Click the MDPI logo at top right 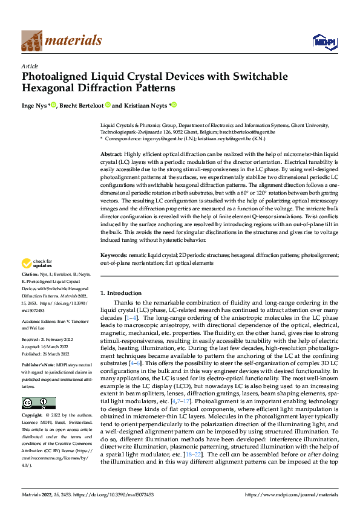click(x=324, y=41)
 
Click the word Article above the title click(x=30, y=66)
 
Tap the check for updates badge click(x=36, y=264)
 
